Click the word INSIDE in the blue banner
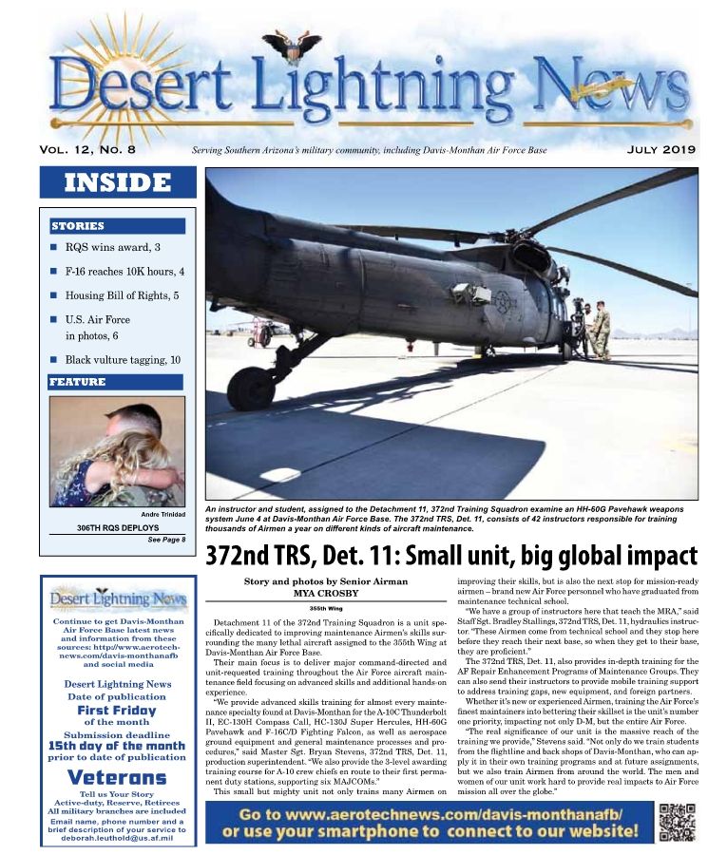click(x=117, y=182)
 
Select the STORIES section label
click(x=78, y=226)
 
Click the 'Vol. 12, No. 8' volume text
click(x=88, y=150)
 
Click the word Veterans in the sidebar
click(x=118, y=776)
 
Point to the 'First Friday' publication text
click(x=117, y=710)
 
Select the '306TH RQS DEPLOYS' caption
click(x=118, y=527)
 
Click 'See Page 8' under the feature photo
click(x=165, y=540)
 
